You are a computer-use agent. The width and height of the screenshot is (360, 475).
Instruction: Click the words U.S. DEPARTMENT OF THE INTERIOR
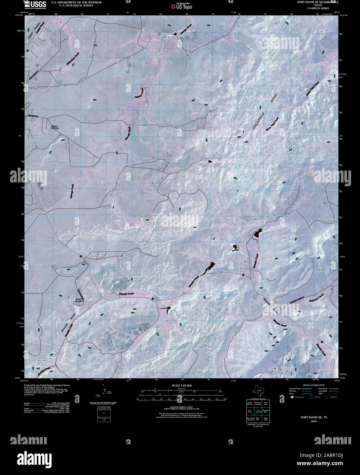point(76,2)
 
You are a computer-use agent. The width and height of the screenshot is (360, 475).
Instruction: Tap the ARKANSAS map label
point(259,121)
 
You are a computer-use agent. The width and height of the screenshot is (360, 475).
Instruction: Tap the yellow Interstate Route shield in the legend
point(292,397)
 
